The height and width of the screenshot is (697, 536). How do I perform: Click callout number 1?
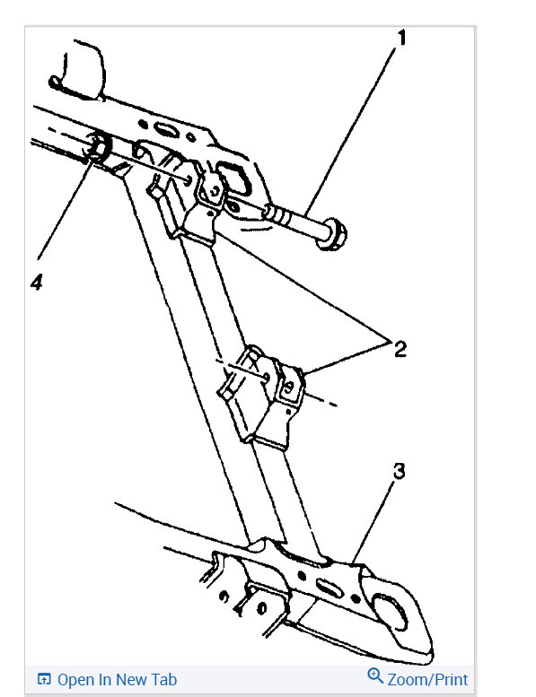tap(401, 38)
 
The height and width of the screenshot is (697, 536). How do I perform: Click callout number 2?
tap(400, 349)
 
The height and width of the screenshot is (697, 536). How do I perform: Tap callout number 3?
tap(399, 471)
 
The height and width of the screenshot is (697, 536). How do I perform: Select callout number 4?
tap(37, 282)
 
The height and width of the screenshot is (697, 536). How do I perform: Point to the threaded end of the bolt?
tap(277, 214)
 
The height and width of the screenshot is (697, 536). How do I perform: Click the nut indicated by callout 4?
tap(98, 147)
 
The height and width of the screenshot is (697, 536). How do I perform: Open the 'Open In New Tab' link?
tap(117, 680)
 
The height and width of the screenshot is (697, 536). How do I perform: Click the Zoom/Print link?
tap(427, 680)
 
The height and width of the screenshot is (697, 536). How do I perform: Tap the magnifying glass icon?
tap(375, 676)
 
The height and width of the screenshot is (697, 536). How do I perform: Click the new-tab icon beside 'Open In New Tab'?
tap(44, 679)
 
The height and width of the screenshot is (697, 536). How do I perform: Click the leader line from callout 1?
tap(351, 129)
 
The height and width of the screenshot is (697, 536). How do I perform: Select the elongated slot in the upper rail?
tap(166, 130)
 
